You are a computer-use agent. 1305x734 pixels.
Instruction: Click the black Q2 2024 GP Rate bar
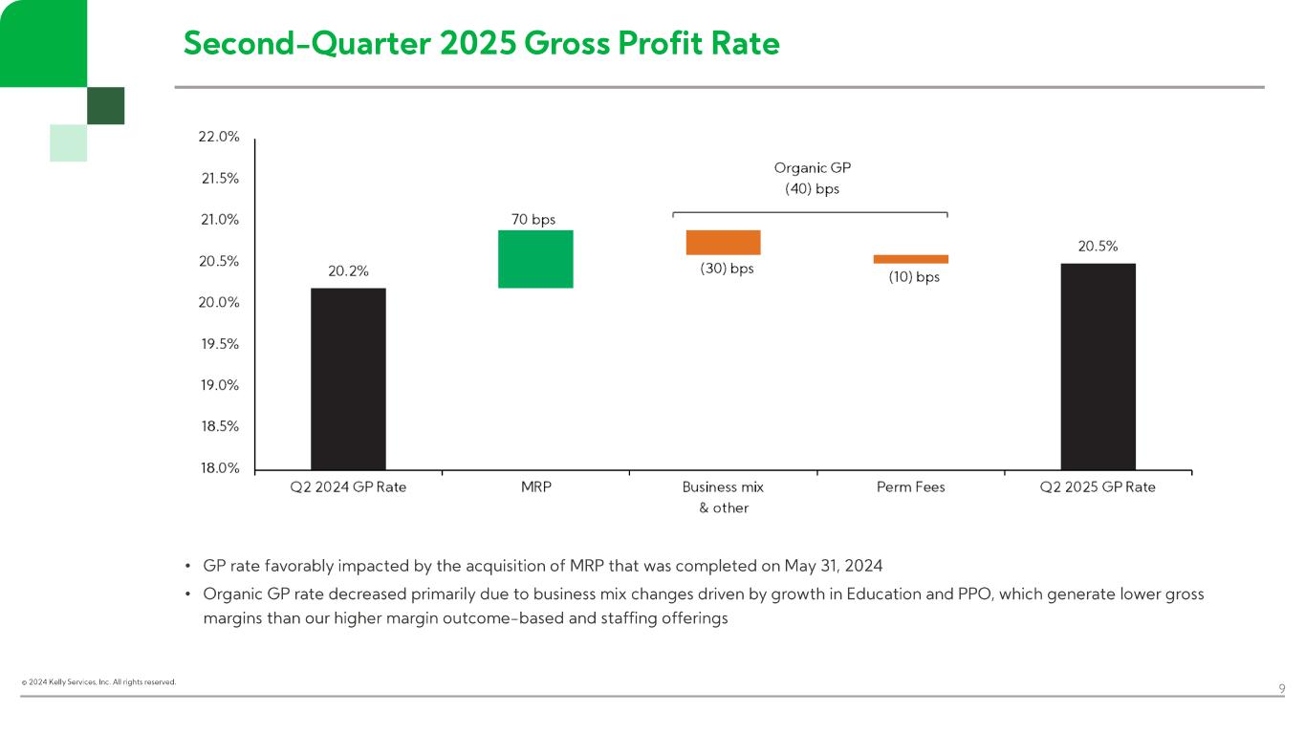pos(348,378)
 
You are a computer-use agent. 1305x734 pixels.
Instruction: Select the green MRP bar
pos(535,259)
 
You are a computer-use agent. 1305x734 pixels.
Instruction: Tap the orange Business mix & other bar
pos(723,243)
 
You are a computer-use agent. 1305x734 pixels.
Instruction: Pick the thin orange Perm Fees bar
pos(910,259)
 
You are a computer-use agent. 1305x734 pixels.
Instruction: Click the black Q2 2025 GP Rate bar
pos(1098,366)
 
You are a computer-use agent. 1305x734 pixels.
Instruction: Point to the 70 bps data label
pos(533,220)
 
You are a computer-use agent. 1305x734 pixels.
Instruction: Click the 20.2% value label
pos(348,270)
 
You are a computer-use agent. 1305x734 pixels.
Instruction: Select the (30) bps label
pos(727,269)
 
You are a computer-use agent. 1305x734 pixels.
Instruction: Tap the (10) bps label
pos(907,277)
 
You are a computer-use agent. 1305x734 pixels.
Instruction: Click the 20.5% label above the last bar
pos(1098,246)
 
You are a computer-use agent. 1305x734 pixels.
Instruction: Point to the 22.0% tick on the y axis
pos(219,137)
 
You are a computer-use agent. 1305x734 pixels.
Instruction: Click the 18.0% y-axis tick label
pos(219,468)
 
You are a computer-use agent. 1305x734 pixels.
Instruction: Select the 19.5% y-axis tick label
pos(219,344)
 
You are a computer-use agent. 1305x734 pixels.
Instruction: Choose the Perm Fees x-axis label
pos(910,487)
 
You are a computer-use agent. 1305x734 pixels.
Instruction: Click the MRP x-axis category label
pos(535,487)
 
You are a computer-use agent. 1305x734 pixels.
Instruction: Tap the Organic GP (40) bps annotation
pos(812,179)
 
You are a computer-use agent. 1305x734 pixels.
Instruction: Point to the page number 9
pos(1281,688)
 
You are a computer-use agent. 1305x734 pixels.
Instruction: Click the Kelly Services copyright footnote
pos(99,682)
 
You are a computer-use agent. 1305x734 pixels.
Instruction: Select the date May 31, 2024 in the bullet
pos(833,565)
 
